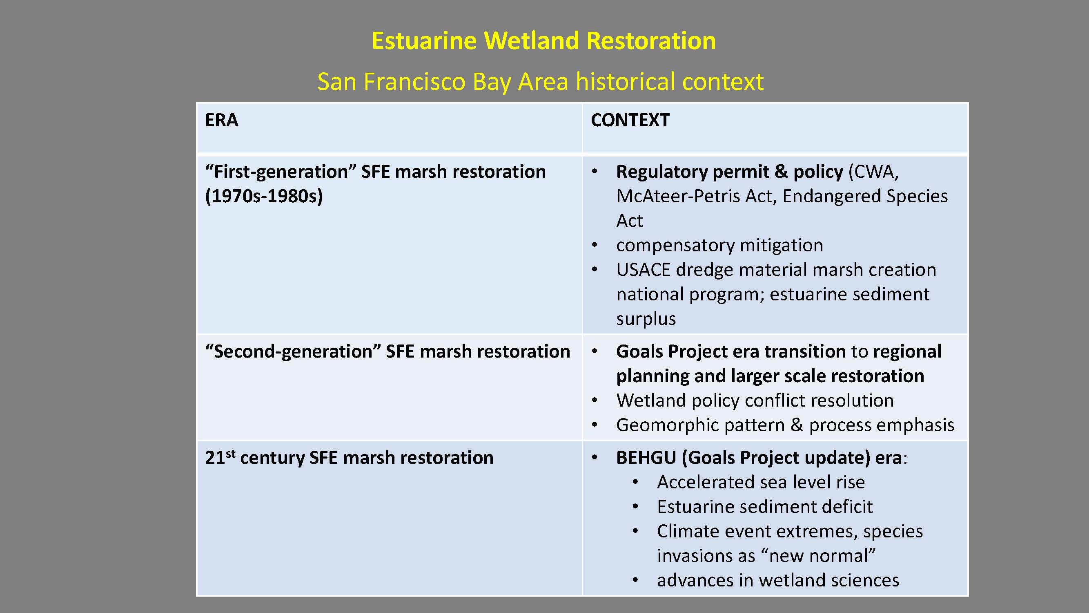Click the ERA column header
click(222, 120)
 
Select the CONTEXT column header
click(630, 120)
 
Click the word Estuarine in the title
click(424, 41)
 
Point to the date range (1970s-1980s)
click(264, 196)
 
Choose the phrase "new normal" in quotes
click(818, 555)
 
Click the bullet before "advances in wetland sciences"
click(635, 580)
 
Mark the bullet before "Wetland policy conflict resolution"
click(595, 400)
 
